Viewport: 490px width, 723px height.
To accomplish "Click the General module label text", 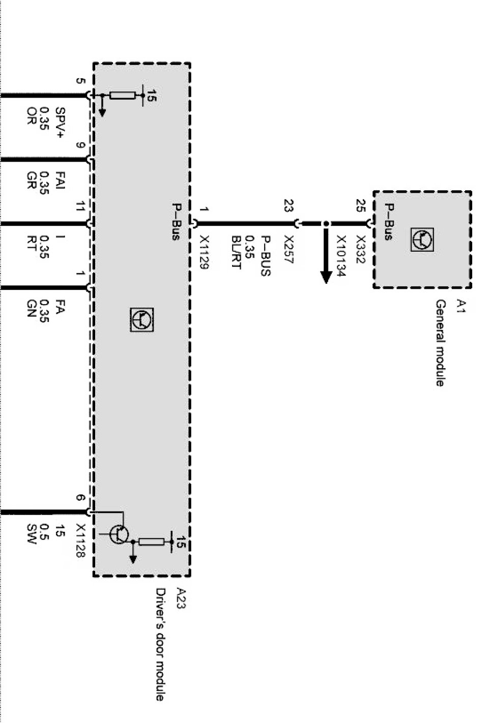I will point(440,343).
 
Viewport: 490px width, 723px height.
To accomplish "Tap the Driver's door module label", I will point(160,645).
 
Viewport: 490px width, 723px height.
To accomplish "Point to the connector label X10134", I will point(340,257).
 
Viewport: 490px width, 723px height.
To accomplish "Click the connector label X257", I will point(289,249).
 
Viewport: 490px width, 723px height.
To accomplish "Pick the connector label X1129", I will point(205,252).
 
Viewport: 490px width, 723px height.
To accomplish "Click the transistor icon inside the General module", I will point(422,239).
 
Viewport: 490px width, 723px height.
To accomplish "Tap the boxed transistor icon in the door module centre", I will point(141,319).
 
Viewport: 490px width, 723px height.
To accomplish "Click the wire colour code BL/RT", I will point(236,252).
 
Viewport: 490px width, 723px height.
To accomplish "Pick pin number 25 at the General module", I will point(361,206).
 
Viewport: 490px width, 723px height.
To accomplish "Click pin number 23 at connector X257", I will point(289,206).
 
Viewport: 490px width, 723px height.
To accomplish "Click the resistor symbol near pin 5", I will point(123,95).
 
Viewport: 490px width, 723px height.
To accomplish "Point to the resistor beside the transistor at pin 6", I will point(151,542).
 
